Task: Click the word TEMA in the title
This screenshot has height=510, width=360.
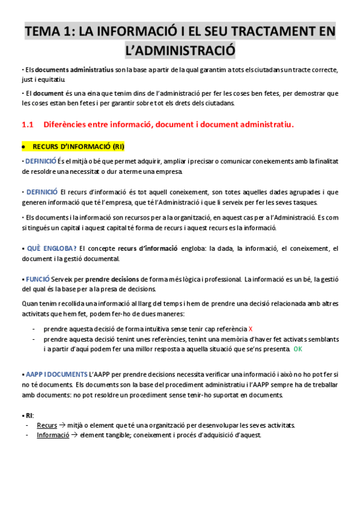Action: [x=44, y=31]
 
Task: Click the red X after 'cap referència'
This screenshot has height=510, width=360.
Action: [x=251, y=329]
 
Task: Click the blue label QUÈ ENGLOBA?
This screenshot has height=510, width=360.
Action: [x=51, y=248]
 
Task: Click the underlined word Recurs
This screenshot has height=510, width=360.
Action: [x=47, y=425]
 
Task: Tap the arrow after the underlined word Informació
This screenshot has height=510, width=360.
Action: [x=75, y=435]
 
